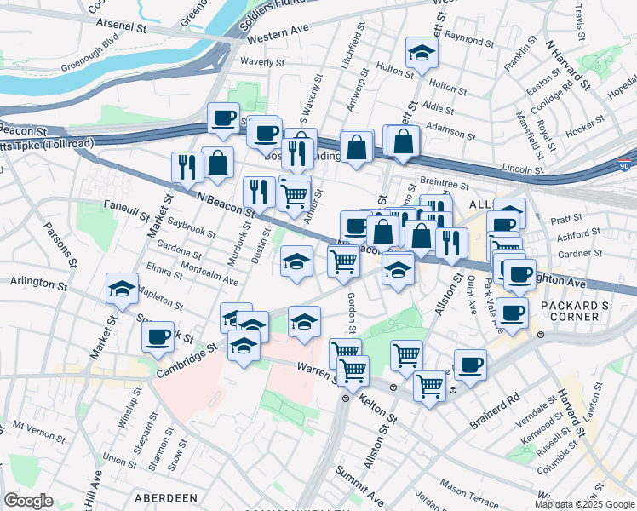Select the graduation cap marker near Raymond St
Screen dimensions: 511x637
[421, 54]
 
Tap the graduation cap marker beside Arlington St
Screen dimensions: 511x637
[123, 290]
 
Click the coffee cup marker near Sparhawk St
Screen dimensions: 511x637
[158, 337]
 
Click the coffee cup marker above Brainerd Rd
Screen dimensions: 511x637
[470, 365]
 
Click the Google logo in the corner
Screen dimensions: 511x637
[28, 501]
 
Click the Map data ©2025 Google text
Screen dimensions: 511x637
[583, 504]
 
